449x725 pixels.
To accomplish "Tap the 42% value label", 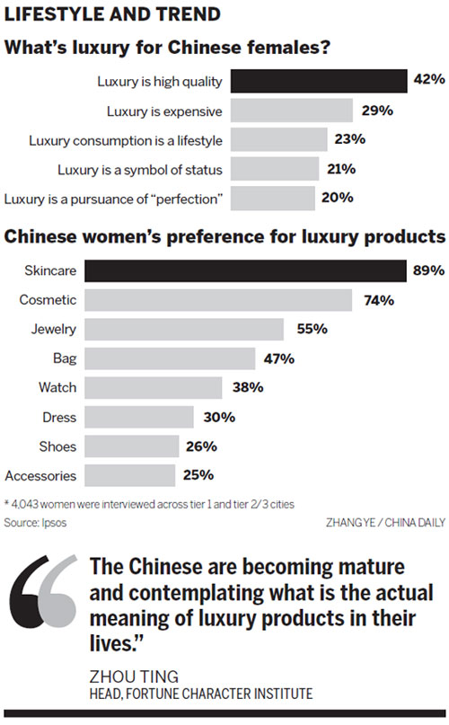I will [429, 81].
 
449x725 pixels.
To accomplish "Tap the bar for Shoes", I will [135, 446].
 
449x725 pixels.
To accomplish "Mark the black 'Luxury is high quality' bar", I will [319, 82].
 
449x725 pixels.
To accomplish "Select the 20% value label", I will [337, 198].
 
